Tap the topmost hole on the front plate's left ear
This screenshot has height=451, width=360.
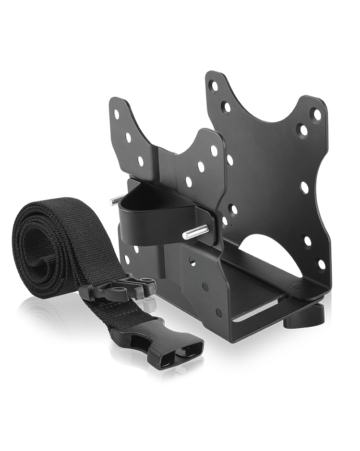[x=117, y=114]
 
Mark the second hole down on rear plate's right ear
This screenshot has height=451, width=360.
[x=303, y=130]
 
